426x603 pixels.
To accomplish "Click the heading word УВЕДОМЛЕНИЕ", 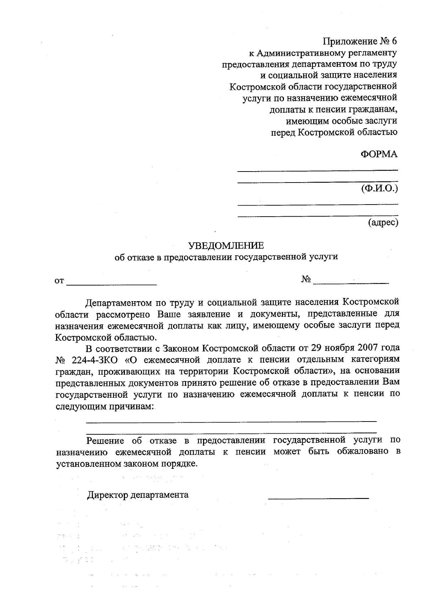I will coord(226,245).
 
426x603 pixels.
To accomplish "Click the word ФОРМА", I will coord(379,154).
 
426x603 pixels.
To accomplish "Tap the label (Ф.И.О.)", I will coord(379,188).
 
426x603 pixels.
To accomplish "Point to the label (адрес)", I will coord(383,222).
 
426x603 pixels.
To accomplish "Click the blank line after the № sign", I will coord(351,283).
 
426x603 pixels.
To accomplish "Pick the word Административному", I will coord(305,53).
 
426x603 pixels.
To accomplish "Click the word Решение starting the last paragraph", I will coord(105,440).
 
